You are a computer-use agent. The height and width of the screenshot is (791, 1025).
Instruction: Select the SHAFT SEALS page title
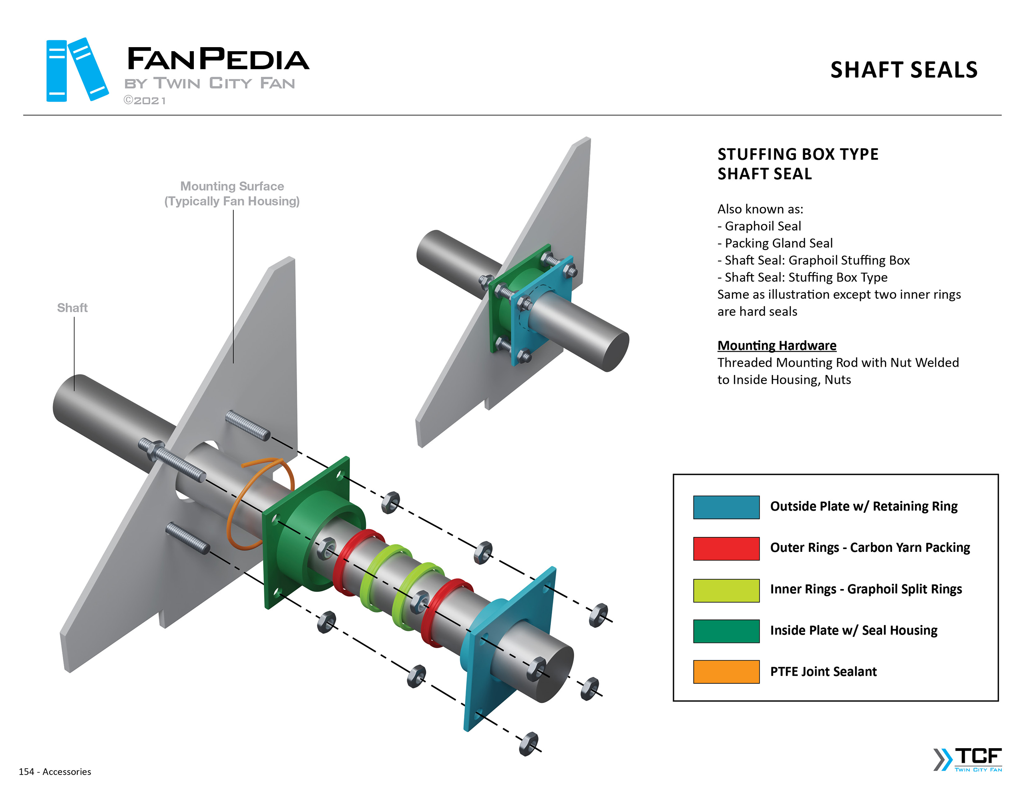[903, 70]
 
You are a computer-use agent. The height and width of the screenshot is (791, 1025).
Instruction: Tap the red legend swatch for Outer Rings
[726, 548]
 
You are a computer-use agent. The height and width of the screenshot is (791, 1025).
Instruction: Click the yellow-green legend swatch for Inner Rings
[726, 590]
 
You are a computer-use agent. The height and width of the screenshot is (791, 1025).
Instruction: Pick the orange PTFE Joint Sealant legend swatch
[726, 671]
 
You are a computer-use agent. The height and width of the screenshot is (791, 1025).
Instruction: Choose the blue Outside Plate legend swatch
[726, 507]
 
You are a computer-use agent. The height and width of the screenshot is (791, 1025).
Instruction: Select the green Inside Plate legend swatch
[726, 631]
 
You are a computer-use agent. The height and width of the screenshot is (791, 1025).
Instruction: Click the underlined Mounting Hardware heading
[776, 345]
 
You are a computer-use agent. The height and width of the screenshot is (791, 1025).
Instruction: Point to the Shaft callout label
[72, 308]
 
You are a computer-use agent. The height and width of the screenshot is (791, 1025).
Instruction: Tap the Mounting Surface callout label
[232, 193]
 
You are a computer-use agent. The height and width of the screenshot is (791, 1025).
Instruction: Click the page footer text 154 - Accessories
[55, 771]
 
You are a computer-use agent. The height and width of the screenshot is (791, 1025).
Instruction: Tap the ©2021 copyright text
[145, 100]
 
